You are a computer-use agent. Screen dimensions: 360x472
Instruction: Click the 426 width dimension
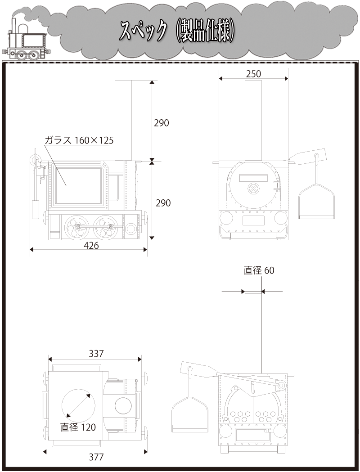[91, 246]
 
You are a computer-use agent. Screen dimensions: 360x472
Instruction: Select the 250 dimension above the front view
[253, 74]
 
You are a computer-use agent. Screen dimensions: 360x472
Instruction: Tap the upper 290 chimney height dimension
[162, 123]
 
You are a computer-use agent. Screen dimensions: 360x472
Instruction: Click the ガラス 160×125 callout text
[79, 140]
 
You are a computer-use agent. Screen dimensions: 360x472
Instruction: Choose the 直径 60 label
[259, 270]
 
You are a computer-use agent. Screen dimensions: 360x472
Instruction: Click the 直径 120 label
[78, 427]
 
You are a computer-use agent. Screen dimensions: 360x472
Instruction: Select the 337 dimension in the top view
[96, 353]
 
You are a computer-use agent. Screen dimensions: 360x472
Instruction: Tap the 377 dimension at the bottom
[96, 457]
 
